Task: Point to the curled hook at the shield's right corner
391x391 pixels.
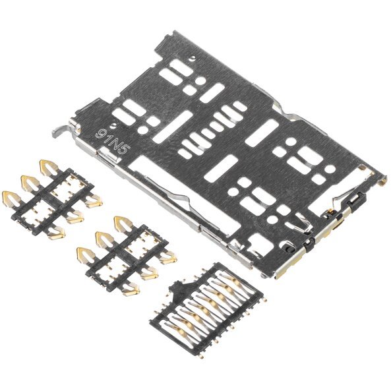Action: tap(382, 178)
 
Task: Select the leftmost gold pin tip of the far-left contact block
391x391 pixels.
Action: tap(9, 196)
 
